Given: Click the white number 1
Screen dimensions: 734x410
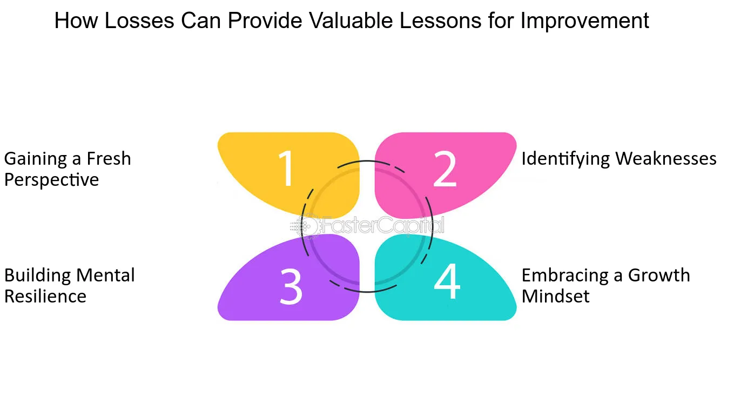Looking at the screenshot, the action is pyautogui.click(x=286, y=169).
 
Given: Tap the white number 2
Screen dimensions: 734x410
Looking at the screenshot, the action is pyautogui.click(x=445, y=169).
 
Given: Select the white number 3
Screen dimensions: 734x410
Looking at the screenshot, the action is pyautogui.click(x=291, y=286).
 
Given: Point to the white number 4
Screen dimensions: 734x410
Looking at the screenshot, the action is pyautogui.click(x=447, y=281).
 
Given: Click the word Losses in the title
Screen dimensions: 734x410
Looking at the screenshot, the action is pyautogui.click(x=139, y=21).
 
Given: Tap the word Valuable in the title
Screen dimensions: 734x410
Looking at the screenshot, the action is pyautogui.click(x=351, y=21).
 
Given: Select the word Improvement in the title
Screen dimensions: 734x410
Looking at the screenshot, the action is pyautogui.click(x=584, y=21).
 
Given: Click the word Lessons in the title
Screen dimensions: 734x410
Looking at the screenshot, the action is pyautogui.click(x=440, y=21).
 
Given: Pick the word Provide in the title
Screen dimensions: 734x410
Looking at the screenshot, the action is pyautogui.click(x=265, y=21).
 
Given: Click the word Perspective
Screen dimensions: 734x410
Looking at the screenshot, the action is pyautogui.click(x=51, y=180).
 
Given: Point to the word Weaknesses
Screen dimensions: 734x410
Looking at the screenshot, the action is pyautogui.click(x=666, y=159).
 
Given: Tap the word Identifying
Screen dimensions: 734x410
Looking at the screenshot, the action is pyautogui.click(x=565, y=159).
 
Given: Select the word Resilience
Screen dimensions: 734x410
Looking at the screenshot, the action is pyautogui.click(x=45, y=296).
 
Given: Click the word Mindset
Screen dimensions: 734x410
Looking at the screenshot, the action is pyautogui.click(x=555, y=296).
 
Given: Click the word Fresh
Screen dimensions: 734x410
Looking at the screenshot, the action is pyautogui.click(x=109, y=159).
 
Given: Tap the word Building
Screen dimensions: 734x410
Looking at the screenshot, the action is pyautogui.click(x=37, y=276).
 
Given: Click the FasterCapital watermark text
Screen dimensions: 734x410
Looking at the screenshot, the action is pyautogui.click(x=383, y=225).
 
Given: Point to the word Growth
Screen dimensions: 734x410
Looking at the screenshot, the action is pyautogui.click(x=659, y=275).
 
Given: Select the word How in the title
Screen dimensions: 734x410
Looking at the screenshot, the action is pyautogui.click(x=76, y=21).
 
